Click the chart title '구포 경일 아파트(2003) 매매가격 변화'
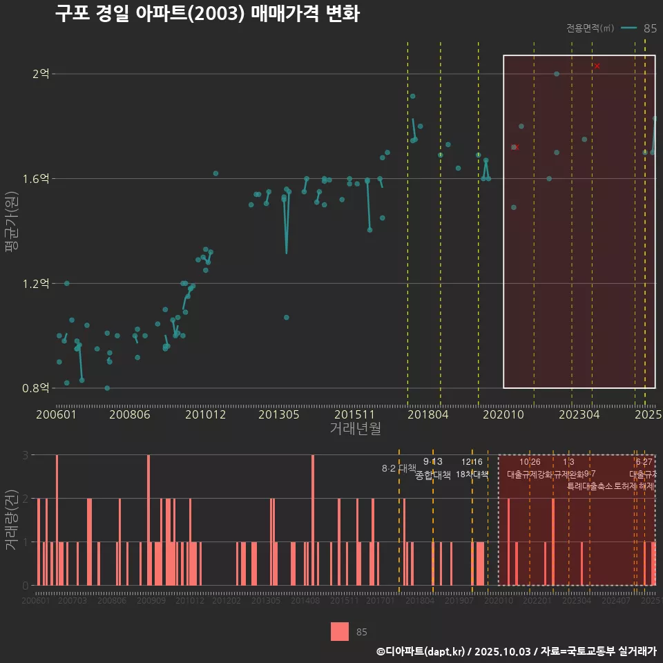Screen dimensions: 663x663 click(206, 14)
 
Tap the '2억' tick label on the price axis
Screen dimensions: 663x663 click(41, 74)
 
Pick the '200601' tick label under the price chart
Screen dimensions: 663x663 click(56, 414)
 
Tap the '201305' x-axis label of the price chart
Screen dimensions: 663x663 click(278, 414)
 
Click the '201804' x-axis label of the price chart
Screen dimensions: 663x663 click(427, 414)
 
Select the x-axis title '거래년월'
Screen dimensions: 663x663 click(355, 429)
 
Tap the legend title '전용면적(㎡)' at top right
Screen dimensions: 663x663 click(590, 28)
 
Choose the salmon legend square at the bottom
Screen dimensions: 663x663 click(340, 631)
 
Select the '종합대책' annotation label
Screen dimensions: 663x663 click(433, 474)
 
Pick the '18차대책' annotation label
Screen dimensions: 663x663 click(472, 474)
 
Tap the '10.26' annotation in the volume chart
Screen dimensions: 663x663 click(530, 462)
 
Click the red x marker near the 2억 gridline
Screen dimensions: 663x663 click(597, 66)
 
